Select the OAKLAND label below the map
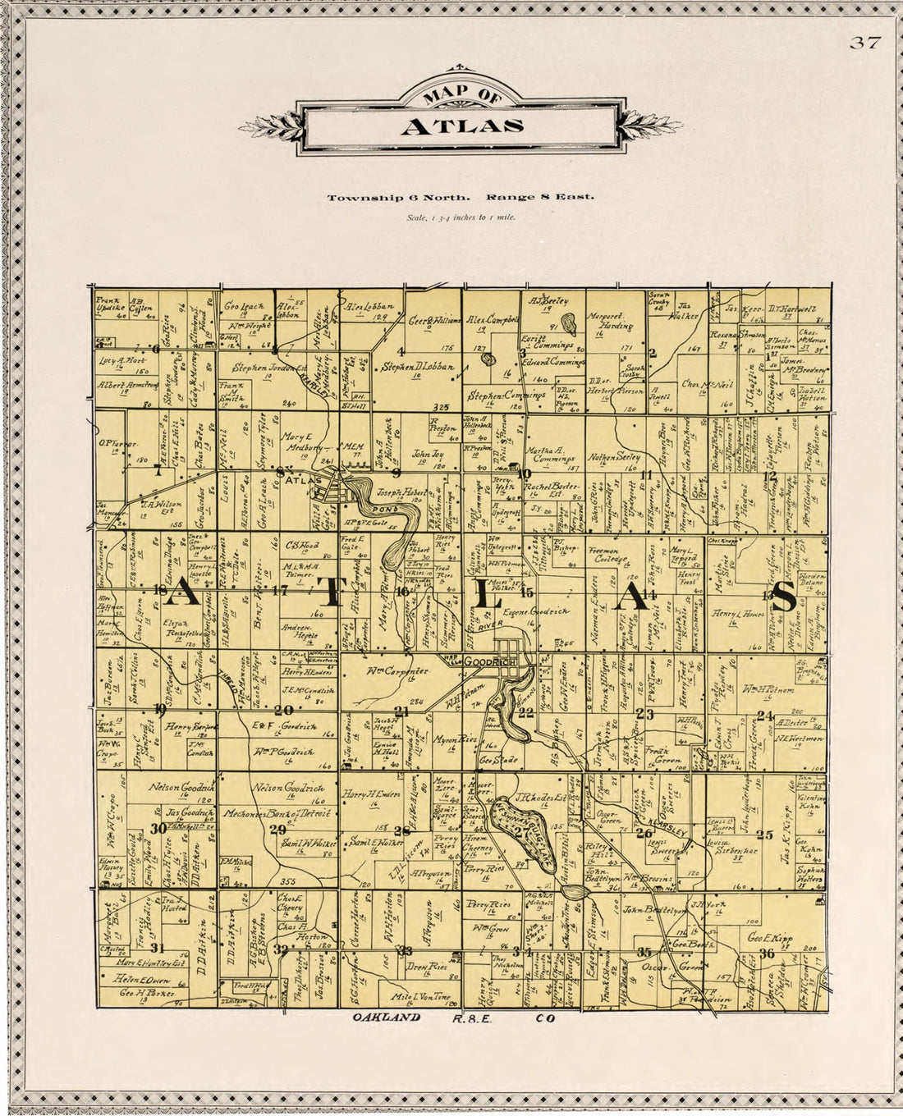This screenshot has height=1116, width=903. pyautogui.click(x=387, y=1018)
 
